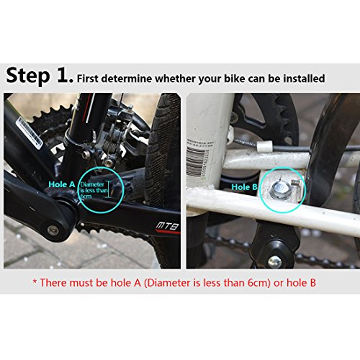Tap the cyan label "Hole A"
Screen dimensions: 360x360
tap(61, 184)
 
